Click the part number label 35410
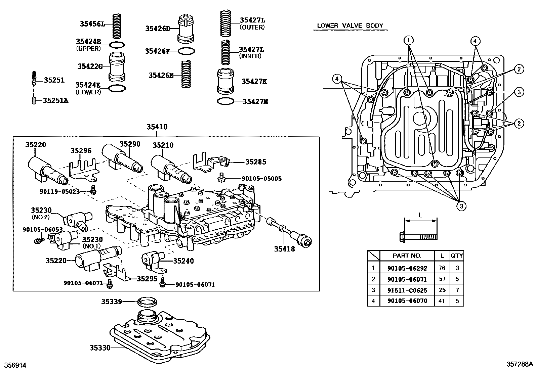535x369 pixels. [157, 127]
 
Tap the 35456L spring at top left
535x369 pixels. [117, 26]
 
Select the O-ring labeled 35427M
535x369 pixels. [225, 101]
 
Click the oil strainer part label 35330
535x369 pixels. [100, 348]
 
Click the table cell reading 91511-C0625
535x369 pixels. [407, 290]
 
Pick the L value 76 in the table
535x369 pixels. [442, 268]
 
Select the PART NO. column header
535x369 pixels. [407, 256]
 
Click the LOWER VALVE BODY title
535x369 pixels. [350, 26]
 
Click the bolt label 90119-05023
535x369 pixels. [59, 191]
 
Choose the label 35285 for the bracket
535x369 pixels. [255, 162]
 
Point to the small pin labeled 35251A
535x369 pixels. [34, 100]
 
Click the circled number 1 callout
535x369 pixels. [409, 41]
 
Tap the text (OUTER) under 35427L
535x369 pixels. [252, 28]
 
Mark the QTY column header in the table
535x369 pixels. [457, 256]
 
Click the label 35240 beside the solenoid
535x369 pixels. [183, 261]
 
